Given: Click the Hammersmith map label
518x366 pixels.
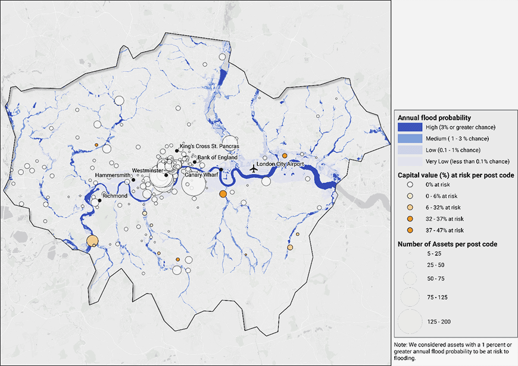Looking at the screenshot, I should [113, 176].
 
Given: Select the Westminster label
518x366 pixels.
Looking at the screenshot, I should [148, 170].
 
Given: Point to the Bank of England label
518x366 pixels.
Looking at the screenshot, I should [217, 157].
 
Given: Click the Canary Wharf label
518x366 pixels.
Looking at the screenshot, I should [200, 175].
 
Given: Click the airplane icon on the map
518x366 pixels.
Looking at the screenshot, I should [254, 168].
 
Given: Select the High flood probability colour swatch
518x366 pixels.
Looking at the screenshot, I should [411, 127].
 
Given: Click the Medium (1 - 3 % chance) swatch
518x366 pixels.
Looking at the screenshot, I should [411, 139].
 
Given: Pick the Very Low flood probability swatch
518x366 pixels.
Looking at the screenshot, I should [411, 161].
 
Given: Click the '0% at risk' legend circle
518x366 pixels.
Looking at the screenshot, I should [411, 184].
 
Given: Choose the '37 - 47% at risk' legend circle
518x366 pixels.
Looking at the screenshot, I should [411, 230].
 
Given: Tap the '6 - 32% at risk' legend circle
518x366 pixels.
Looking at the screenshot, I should [411, 207].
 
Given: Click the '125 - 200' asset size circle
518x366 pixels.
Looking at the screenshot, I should [411, 321].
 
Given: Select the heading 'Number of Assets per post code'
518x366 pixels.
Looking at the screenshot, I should [447, 243].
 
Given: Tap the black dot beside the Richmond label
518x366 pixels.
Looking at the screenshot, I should [100, 201].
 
